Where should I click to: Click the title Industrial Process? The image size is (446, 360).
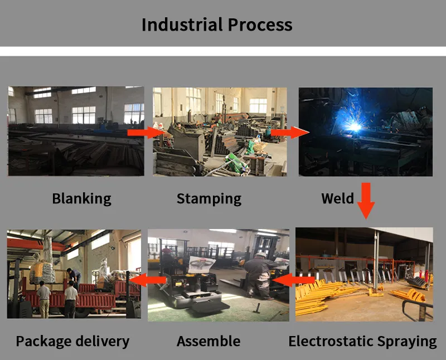click(x=217, y=25)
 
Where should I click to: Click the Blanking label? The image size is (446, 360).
click(x=81, y=198)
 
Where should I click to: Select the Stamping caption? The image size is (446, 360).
click(x=209, y=198)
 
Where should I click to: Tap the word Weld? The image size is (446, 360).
click(x=337, y=198)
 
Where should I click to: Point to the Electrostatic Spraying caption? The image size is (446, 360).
click(x=362, y=341)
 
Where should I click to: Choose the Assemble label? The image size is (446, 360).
click(x=209, y=341)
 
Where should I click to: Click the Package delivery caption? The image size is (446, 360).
click(x=72, y=341)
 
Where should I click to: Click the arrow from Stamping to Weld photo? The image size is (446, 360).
click(x=289, y=133)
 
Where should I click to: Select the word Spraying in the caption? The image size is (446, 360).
click(x=405, y=341)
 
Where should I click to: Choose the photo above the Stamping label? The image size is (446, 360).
click(x=220, y=131)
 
